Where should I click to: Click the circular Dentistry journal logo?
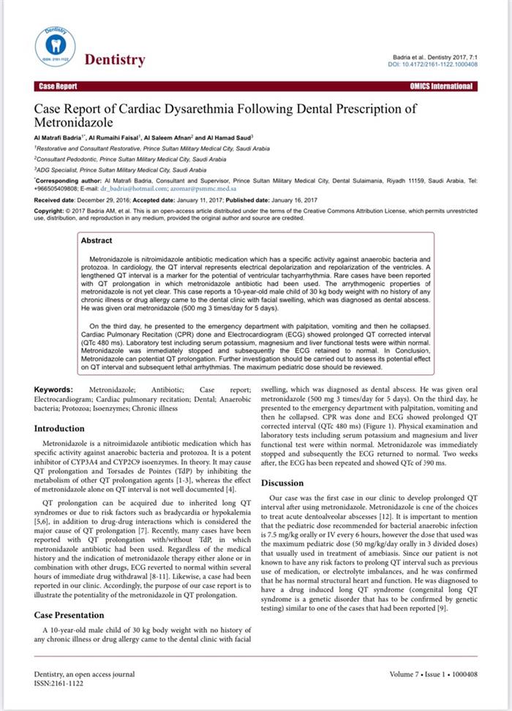click(55, 45)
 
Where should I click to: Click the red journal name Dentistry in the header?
click(115, 60)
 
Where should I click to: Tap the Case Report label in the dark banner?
click(56, 86)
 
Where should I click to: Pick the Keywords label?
click(53, 390)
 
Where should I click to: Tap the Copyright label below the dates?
click(50, 210)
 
